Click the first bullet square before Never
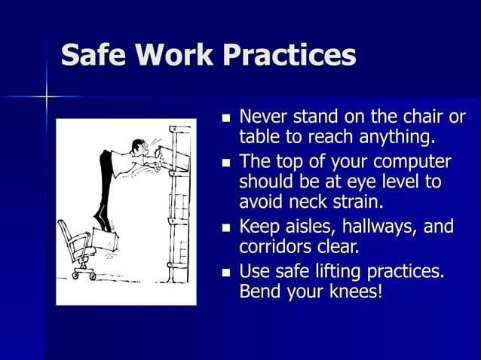click(x=223, y=120)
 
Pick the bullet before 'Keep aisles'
click(x=223, y=227)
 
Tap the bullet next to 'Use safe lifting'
click(x=223, y=271)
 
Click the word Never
click(x=263, y=118)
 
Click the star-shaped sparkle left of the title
click(x=46, y=97)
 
